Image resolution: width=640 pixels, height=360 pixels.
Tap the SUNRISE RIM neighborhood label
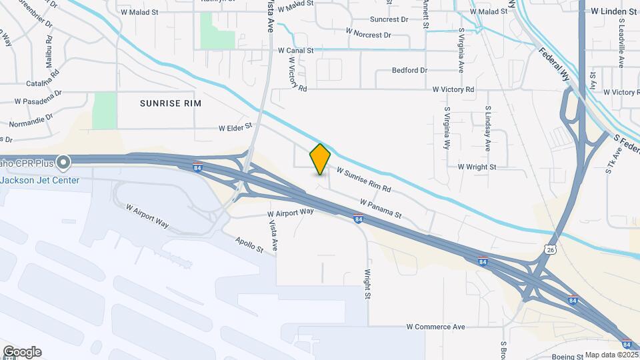tap(170, 103)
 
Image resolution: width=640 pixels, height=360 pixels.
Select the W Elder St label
tap(236, 126)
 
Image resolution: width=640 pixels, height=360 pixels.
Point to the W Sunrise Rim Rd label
tap(363, 180)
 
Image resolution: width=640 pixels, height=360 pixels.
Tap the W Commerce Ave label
tap(436, 327)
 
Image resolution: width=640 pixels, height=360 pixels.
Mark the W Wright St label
tap(477, 167)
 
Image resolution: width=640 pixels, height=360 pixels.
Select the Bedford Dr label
tap(409, 70)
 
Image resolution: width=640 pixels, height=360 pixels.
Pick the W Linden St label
tap(613, 11)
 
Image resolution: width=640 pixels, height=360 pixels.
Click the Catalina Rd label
tap(43, 84)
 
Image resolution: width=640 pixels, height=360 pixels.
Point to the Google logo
tap(22, 352)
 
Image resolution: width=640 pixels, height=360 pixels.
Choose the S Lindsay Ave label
tap(488, 127)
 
